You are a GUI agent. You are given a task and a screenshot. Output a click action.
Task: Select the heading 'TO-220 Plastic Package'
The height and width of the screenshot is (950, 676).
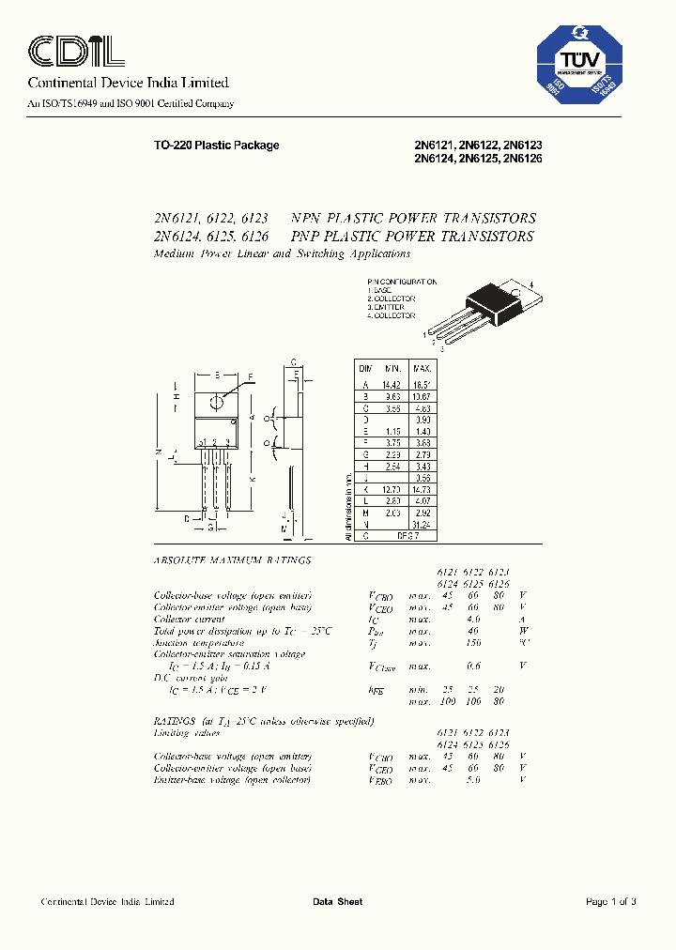[216, 146]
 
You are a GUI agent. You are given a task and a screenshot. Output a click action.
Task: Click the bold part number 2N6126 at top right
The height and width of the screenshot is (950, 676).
[523, 159]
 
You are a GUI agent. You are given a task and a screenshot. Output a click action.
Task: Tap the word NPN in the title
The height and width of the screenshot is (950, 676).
[308, 219]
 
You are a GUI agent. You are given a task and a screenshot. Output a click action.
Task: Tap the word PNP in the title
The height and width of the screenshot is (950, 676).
[307, 237]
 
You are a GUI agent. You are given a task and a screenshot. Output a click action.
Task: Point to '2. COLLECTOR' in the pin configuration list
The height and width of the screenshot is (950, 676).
[391, 299]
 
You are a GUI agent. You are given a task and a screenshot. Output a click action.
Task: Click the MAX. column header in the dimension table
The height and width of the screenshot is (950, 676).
[422, 370]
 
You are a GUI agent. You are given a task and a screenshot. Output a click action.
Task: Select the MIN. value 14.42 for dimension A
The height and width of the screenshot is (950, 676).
[389, 385]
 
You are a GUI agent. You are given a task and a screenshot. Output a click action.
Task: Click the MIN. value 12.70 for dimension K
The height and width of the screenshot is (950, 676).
[389, 490]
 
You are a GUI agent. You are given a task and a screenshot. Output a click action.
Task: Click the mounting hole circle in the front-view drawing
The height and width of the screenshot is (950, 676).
[217, 402]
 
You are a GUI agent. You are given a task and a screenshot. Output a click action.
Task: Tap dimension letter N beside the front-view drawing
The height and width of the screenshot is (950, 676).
[159, 452]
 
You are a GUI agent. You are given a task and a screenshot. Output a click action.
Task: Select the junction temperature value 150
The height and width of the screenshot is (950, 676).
[472, 642]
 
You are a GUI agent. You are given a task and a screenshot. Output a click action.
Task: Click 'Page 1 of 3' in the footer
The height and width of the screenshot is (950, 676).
[610, 902]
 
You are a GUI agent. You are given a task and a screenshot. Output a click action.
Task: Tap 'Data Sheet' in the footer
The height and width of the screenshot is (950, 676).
[337, 902]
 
